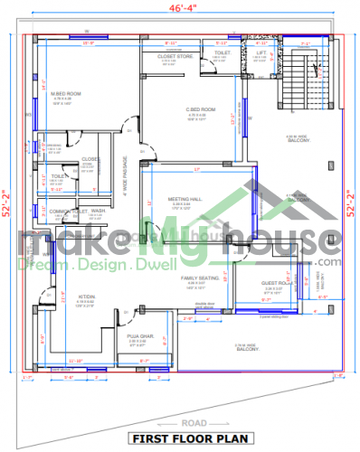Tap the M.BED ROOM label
[65, 94]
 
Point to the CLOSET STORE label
[175, 56]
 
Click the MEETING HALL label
[185, 199]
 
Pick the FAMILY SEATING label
[198, 278]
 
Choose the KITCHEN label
[87, 296]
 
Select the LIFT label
[261, 53]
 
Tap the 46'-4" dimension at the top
[181, 8]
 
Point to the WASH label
[98, 211]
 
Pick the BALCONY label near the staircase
[298, 138]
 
